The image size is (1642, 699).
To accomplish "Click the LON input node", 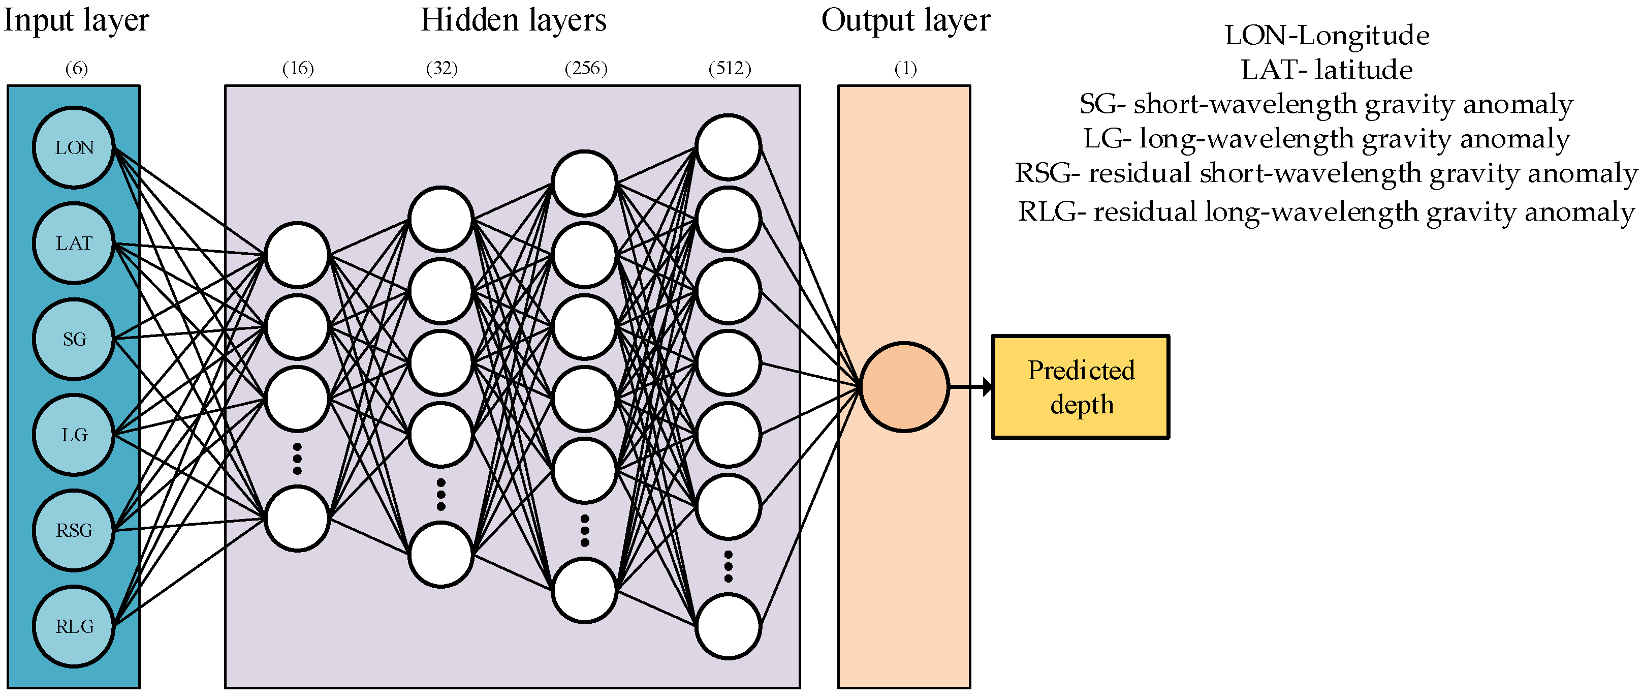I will click(74, 148).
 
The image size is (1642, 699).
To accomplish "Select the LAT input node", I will click(74, 243).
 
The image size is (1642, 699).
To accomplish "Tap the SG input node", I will click(74, 339).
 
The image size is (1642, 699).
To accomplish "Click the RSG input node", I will click(74, 531).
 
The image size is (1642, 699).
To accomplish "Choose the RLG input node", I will click(74, 626).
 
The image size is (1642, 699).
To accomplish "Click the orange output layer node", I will click(904, 386).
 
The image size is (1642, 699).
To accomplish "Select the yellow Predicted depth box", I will click(1081, 386).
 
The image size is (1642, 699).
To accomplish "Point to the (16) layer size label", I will click(298, 68).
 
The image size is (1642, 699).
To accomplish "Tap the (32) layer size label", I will click(441, 68).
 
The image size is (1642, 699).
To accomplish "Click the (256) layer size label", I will click(586, 68).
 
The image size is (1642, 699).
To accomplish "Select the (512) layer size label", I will click(730, 68).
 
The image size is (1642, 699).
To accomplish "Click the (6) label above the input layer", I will click(77, 68).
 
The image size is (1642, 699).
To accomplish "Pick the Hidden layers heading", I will click(513, 20).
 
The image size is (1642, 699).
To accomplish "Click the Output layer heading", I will click(905, 20).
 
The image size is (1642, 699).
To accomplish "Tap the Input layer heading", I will click(77, 20).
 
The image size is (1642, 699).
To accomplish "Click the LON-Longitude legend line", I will click(1327, 35).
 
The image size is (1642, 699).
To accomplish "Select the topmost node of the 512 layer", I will click(728, 147).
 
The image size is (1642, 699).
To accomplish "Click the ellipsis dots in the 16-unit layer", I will click(297, 459).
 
